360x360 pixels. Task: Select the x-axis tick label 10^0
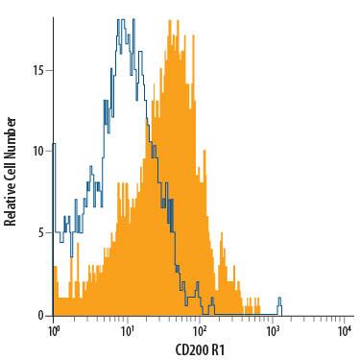[54, 331]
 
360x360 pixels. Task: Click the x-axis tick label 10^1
[127, 331]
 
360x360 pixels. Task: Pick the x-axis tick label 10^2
[200, 331]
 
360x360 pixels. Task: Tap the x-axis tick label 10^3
[273, 331]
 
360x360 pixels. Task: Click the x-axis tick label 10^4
[346, 331]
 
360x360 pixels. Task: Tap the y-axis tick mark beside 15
[50, 70]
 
